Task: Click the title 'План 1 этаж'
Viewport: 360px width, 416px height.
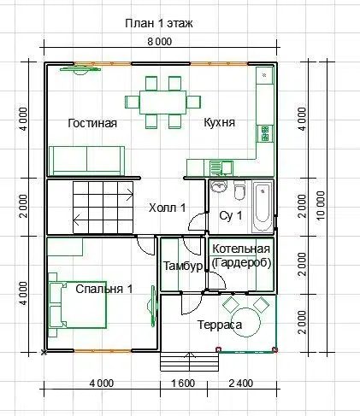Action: point(159,23)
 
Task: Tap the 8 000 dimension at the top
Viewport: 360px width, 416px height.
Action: point(160,42)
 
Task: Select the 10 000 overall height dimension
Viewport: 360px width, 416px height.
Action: point(321,205)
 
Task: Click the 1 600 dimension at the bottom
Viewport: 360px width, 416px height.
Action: point(183,384)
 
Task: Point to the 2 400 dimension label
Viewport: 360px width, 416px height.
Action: point(241,384)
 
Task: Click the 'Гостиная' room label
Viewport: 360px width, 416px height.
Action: point(92,123)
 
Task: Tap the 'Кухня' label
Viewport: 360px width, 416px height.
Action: point(220,122)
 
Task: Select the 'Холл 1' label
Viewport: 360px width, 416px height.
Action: point(168,208)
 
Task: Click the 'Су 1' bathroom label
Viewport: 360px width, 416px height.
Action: point(231,215)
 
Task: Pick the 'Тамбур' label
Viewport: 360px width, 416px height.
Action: point(183,267)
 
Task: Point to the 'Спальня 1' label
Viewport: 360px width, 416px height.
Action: point(104,289)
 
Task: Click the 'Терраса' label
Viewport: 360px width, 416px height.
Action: point(220,325)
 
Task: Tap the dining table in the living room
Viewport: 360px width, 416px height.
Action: point(163,103)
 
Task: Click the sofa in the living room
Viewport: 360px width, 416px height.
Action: point(87,161)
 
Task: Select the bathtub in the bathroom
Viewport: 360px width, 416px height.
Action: point(263,207)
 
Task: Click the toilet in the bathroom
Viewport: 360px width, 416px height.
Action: point(239,190)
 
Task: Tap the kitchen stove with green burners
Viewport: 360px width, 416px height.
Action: point(265,133)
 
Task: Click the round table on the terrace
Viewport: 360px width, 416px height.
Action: point(245,322)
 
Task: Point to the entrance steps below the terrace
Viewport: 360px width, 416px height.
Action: point(190,361)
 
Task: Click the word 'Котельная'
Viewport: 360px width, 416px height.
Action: point(241,249)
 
